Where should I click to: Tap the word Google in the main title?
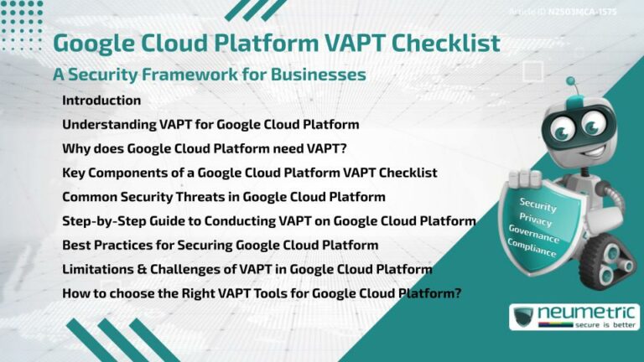click(x=95, y=43)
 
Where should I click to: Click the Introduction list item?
click(x=101, y=101)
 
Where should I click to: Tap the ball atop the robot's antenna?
click(x=571, y=82)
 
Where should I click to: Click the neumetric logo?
click(x=574, y=317)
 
